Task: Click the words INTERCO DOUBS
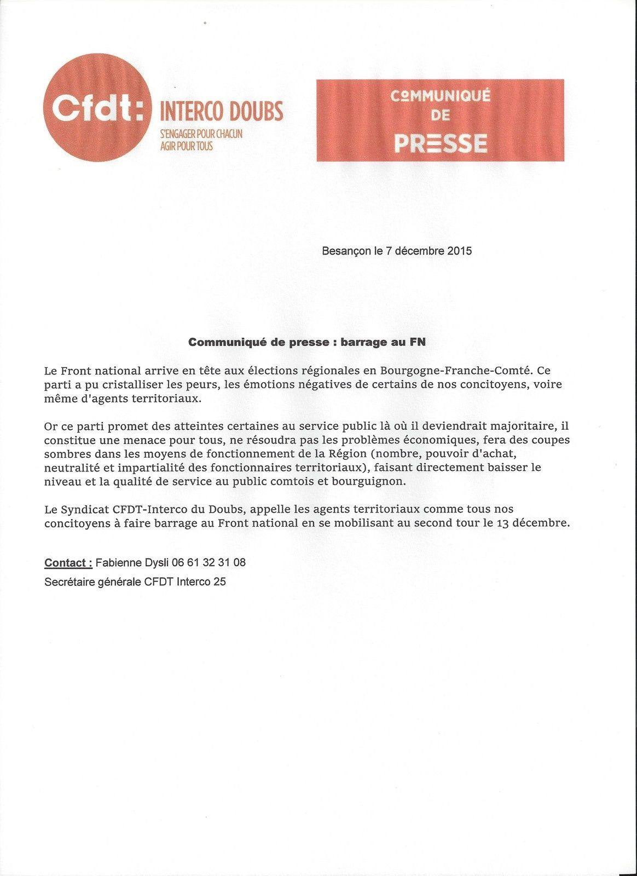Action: (221, 112)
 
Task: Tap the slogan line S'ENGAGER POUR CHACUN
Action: (200, 134)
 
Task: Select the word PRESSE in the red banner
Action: (441, 143)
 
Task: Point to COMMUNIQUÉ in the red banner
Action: (441, 96)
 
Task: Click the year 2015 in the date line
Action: (459, 251)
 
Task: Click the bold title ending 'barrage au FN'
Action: (307, 342)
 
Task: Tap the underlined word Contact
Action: (68, 563)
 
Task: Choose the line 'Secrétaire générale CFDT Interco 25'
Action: (135, 582)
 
